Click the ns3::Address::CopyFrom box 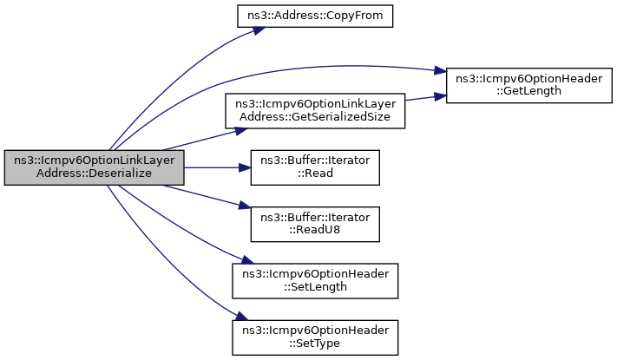(x=315, y=16)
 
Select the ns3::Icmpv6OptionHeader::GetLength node (x=528, y=85)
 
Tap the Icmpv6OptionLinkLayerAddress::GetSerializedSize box (x=315, y=110)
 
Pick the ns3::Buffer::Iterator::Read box (x=315, y=167)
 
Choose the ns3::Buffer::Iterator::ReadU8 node (x=315, y=224)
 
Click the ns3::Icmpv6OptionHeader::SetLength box (x=315, y=281)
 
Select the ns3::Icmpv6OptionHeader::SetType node (x=315, y=337)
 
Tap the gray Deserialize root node (x=94, y=167)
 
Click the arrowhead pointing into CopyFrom (x=259, y=30)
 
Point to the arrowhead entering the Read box (x=245, y=168)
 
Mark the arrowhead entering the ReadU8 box (x=245, y=206)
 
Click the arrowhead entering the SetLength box (x=248, y=260)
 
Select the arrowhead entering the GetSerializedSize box (x=241, y=131)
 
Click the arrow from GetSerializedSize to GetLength (x=426, y=97)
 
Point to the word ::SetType (x=315, y=344)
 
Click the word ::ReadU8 (x=315, y=230)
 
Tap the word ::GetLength (x=528, y=91)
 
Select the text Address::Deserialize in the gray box (x=94, y=173)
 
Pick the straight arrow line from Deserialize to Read (x=218, y=168)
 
